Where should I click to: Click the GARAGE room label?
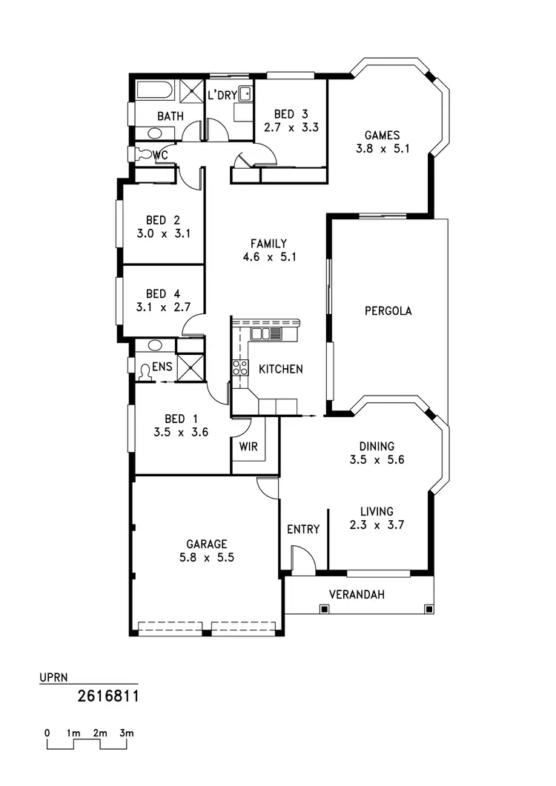pos(207,543)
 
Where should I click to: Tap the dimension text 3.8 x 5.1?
pos(383,148)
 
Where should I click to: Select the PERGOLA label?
pos(388,311)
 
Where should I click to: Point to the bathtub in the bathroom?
pos(155,91)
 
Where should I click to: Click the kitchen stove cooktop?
pos(240,367)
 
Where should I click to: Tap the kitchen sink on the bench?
pos(276,334)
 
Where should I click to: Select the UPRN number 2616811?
pos(109,696)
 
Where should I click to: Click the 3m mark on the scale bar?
pos(127,733)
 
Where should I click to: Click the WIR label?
pos(248,447)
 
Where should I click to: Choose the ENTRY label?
pos(303,529)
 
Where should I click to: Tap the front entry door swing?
pos(302,559)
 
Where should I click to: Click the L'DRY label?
pos(222,95)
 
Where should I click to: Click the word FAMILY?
pos(268,243)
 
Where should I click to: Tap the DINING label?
pos(377,446)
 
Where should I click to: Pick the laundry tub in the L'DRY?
pos(245,93)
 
